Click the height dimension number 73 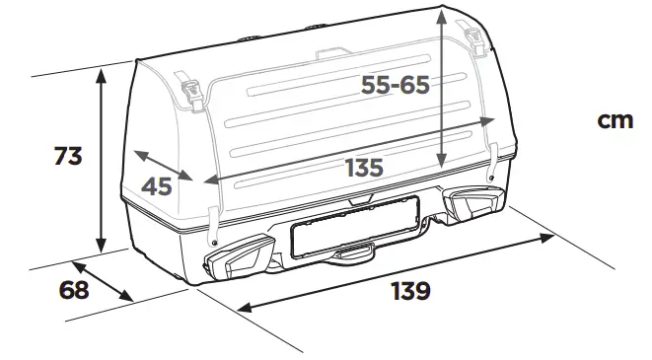pos(68,156)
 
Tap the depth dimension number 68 pos(74,291)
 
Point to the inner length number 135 pos(363,168)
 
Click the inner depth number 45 pos(156,186)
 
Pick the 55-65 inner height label pos(395,86)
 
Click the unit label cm pos(615,119)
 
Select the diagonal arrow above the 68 pos(103,281)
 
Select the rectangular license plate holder pos(354,226)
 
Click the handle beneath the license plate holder pos(353,254)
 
